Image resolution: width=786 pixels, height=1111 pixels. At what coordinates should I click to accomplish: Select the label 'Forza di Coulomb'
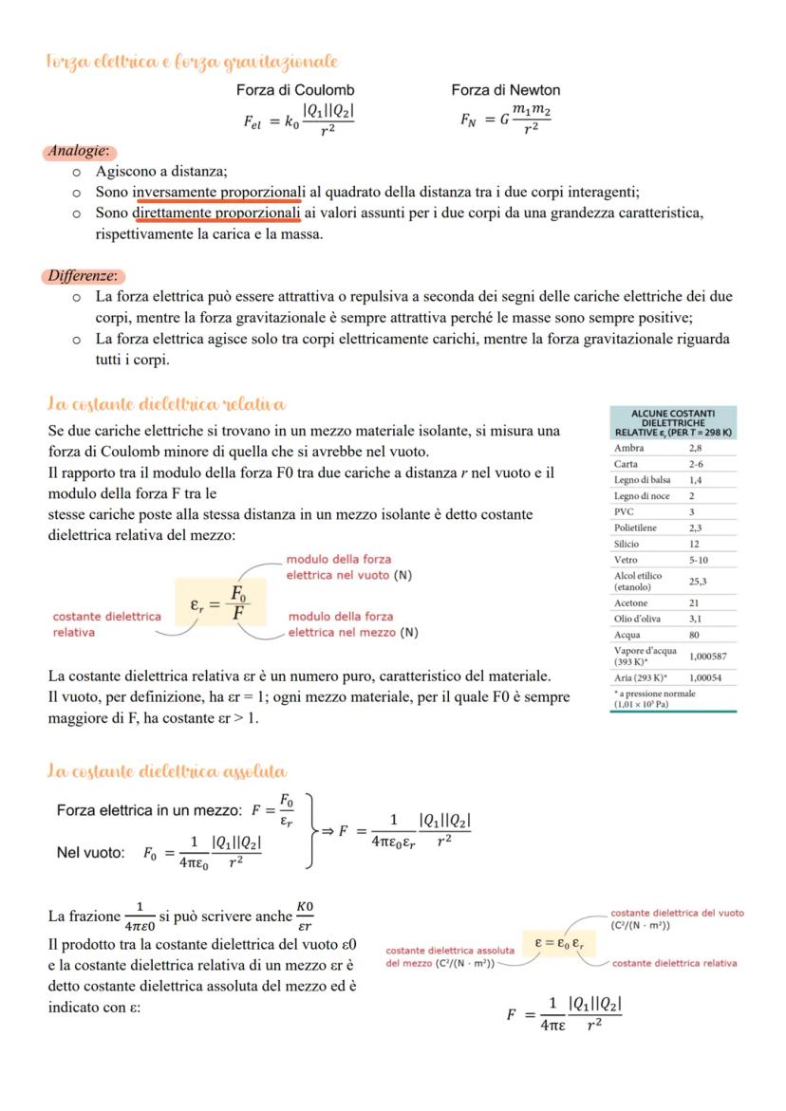[x=295, y=90]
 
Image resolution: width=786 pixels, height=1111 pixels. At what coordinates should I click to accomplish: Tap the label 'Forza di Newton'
[x=505, y=90]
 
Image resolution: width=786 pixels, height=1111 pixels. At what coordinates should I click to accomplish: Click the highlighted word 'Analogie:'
[x=79, y=151]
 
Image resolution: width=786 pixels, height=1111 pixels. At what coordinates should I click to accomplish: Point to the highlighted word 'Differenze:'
[x=84, y=276]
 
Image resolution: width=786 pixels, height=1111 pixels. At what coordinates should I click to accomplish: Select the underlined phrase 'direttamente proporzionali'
[x=217, y=213]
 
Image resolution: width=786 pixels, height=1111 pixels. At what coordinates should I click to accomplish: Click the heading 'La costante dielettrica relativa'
[x=166, y=405]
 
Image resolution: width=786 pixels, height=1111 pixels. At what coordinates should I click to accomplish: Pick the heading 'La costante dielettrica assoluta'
[x=167, y=770]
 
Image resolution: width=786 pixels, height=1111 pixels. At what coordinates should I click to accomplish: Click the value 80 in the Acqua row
[x=696, y=635]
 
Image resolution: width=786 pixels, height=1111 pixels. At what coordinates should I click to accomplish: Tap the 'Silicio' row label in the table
[x=627, y=544]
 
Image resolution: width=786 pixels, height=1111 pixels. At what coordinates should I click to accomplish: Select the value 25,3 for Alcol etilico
[x=699, y=582]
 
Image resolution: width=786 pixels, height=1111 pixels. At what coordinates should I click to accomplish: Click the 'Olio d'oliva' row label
[x=637, y=619]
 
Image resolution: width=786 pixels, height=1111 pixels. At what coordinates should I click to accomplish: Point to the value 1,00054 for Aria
[x=704, y=677]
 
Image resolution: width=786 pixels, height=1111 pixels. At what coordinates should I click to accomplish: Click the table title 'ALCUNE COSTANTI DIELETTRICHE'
[x=673, y=418]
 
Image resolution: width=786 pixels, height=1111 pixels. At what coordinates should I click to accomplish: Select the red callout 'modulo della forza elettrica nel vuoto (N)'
[x=348, y=567]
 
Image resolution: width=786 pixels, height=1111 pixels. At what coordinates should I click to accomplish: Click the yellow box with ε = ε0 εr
[x=560, y=944]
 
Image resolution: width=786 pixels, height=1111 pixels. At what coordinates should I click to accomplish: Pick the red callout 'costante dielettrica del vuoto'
[x=677, y=918]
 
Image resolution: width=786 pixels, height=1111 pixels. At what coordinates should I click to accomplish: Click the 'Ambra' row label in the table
[x=628, y=448]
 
